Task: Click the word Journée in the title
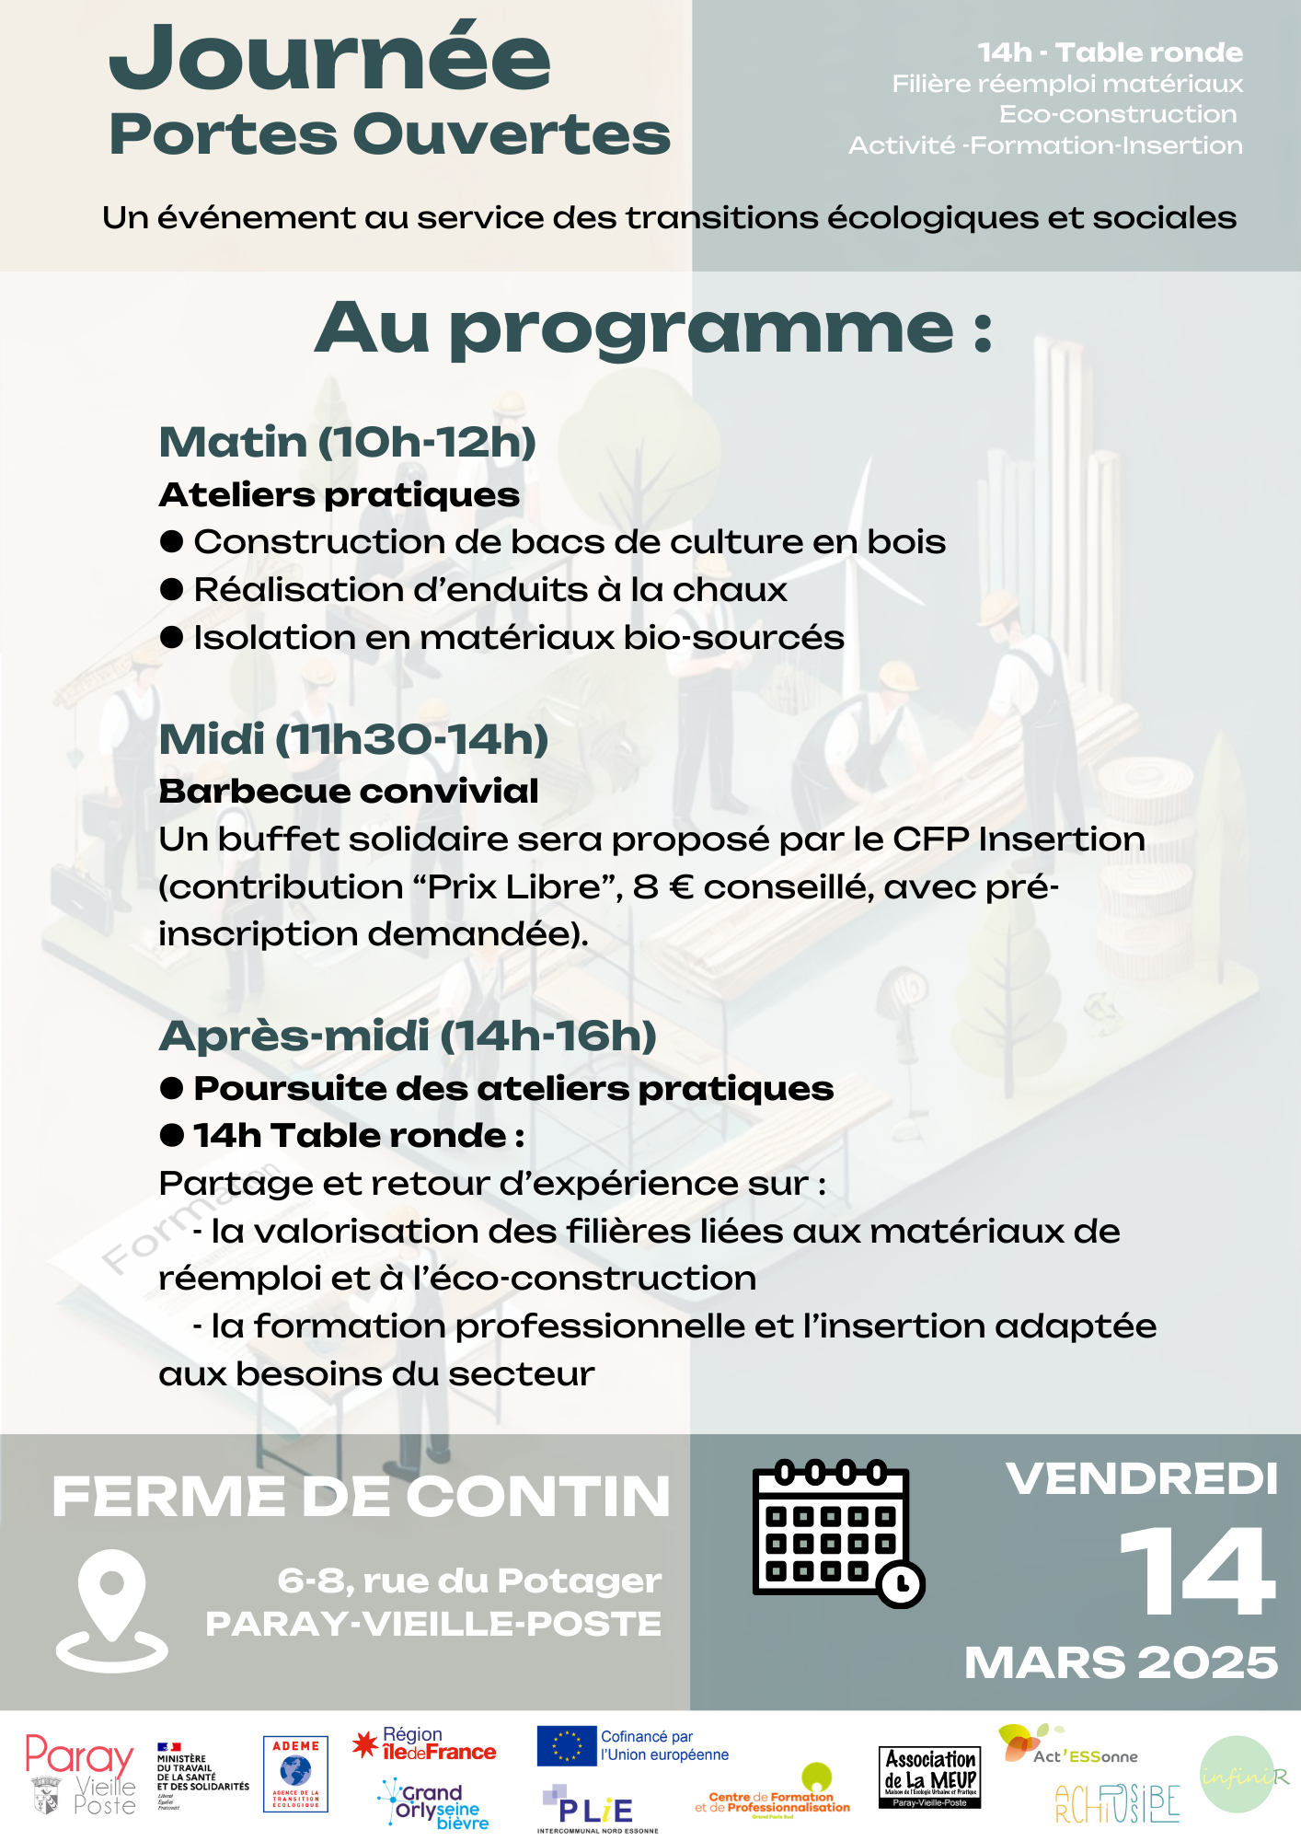click(x=329, y=60)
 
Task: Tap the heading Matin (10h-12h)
click(x=348, y=442)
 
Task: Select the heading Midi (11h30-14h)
click(x=353, y=739)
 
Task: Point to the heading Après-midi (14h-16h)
click(x=408, y=1036)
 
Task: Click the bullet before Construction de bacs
click(x=172, y=541)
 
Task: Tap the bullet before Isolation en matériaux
click(x=172, y=637)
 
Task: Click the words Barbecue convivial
click(x=349, y=792)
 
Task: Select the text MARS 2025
click(x=1121, y=1662)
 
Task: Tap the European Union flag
click(x=567, y=1746)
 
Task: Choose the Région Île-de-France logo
click(x=425, y=1744)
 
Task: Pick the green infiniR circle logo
click(x=1238, y=1775)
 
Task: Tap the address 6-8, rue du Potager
click(x=469, y=1580)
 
